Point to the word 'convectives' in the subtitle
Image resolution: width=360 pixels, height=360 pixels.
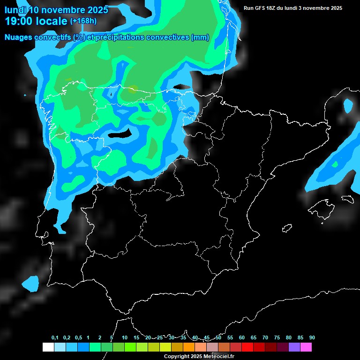pos(168,37)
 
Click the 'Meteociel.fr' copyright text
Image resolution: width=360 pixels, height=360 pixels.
pos(218,357)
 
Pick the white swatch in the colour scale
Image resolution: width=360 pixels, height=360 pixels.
pos(48,347)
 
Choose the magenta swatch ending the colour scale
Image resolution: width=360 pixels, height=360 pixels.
pos(306,347)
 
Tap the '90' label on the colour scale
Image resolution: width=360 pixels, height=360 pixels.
pos(312,338)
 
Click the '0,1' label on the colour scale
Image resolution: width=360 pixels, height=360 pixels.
pos(55,338)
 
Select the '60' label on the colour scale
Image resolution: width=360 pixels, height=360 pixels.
pos(241,338)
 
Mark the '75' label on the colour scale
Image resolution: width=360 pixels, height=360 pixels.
pos(277,338)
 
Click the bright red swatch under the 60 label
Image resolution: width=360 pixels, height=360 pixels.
pos(247,347)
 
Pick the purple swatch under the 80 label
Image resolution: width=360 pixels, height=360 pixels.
pos(294,347)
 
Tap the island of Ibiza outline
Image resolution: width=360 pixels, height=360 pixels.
pos(286,228)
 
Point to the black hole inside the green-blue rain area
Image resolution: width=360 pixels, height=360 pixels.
pos(119,135)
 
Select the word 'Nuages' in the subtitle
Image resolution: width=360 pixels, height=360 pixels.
pos(19,37)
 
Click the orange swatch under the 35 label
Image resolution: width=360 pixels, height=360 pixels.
pos(188,347)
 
